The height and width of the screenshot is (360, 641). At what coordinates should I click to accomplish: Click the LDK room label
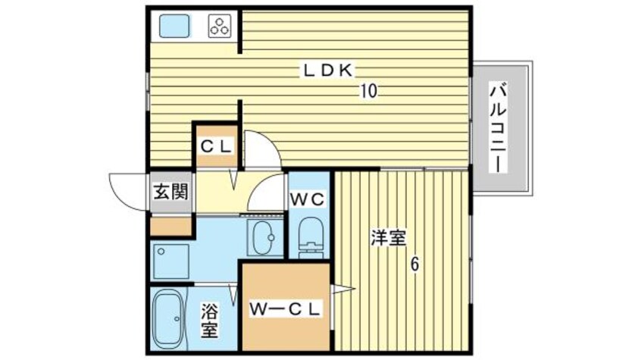point(328,70)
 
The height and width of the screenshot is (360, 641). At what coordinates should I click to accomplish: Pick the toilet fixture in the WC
point(310,238)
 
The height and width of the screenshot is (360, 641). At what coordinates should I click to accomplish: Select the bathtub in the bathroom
point(168,318)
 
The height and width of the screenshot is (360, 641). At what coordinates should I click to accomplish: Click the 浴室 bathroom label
point(210,320)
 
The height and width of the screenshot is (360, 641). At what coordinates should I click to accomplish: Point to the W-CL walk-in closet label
point(286,308)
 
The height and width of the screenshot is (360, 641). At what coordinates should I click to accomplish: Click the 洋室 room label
point(388,238)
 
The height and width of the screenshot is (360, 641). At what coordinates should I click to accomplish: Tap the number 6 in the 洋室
point(414,265)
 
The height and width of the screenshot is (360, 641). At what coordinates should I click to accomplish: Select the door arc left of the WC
point(267,195)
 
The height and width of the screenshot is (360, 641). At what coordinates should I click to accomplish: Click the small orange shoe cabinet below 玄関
point(171,226)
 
